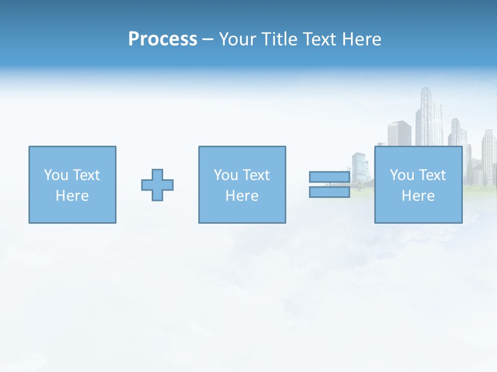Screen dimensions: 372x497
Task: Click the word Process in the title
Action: click(x=163, y=39)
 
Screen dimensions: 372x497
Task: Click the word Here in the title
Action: click(x=361, y=39)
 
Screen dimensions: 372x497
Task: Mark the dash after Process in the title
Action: click(x=208, y=40)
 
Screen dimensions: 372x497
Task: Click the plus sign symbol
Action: click(x=157, y=184)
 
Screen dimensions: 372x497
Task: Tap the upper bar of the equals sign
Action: click(x=329, y=177)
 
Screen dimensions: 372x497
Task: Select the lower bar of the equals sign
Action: click(x=329, y=192)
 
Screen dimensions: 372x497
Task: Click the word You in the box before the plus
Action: click(x=56, y=175)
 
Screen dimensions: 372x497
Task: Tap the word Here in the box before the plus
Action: click(x=72, y=196)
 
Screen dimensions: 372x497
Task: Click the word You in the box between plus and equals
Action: click(x=226, y=175)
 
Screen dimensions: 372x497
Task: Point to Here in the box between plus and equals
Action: click(x=242, y=196)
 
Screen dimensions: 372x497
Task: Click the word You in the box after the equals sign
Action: click(x=402, y=175)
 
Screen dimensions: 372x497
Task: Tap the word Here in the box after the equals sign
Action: click(x=418, y=196)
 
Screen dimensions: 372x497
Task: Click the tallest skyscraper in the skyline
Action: click(x=428, y=116)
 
